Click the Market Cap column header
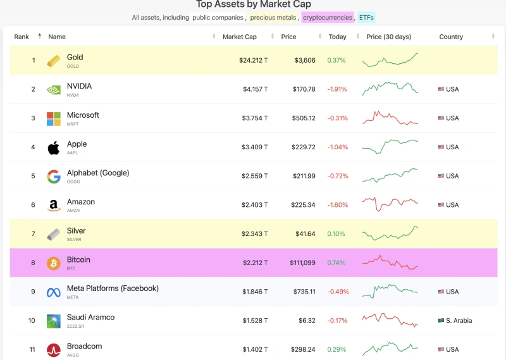pos(239,37)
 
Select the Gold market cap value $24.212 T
pos(253,61)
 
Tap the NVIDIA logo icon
pos(54,90)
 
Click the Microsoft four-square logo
pos(54,118)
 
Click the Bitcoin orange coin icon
pos(54,263)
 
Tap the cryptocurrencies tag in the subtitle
pos(327,18)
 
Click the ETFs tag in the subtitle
pos(366,18)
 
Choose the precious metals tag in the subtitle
pos(272,18)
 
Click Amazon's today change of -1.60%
pos(337,205)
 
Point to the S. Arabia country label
pos(459,321)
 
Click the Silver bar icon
pos(54,234)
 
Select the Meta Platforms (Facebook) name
pos(113,289)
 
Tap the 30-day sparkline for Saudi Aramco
pos(390,320)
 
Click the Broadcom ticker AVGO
pos(73,355)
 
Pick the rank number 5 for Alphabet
pos(33,176)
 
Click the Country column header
pos(451,37)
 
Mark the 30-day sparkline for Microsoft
pos(390,118)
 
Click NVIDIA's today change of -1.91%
pos(337,89)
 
